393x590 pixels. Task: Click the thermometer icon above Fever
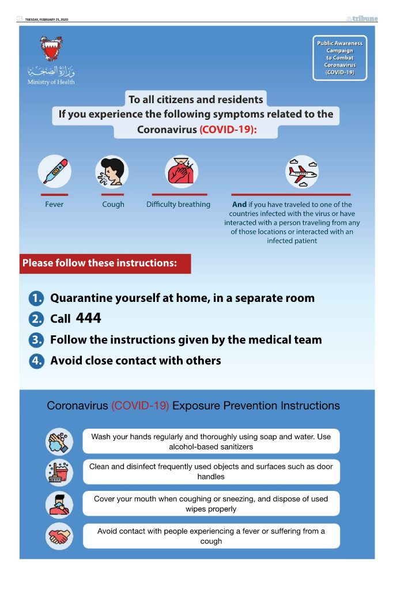[54, 171]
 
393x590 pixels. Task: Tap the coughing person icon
[112, 171]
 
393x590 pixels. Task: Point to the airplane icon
[303, 171]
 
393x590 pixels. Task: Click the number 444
[88, 318]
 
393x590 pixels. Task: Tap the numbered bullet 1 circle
[36, 298]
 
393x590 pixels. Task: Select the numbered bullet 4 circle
[36, 361]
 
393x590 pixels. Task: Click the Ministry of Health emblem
[51, 50]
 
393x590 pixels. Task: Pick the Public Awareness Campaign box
[340, 58]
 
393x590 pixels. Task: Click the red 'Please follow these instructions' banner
[105, 264]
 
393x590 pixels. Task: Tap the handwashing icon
[59, 442]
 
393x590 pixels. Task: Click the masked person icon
[59, 505]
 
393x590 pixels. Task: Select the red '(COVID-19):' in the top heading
[228, 130]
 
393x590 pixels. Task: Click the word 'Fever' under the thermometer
[54, 205]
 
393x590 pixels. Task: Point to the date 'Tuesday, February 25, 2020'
[47, 20]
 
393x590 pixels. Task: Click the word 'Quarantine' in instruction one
[84, 298]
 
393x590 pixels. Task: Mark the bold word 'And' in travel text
[239, 205]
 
